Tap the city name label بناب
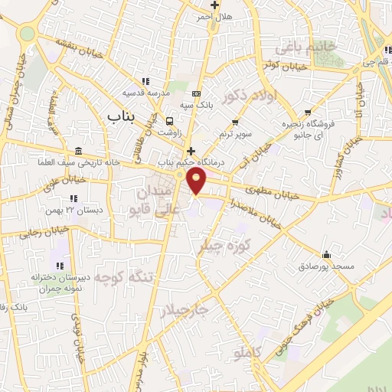pyautogui.click(x=121, y=116)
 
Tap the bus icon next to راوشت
pyautogui.click(x=169, y=120)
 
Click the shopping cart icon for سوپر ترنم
pyautogui.click(x=236, y=122)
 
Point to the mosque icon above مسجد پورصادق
pyautogui.click(x=327, y=254)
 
